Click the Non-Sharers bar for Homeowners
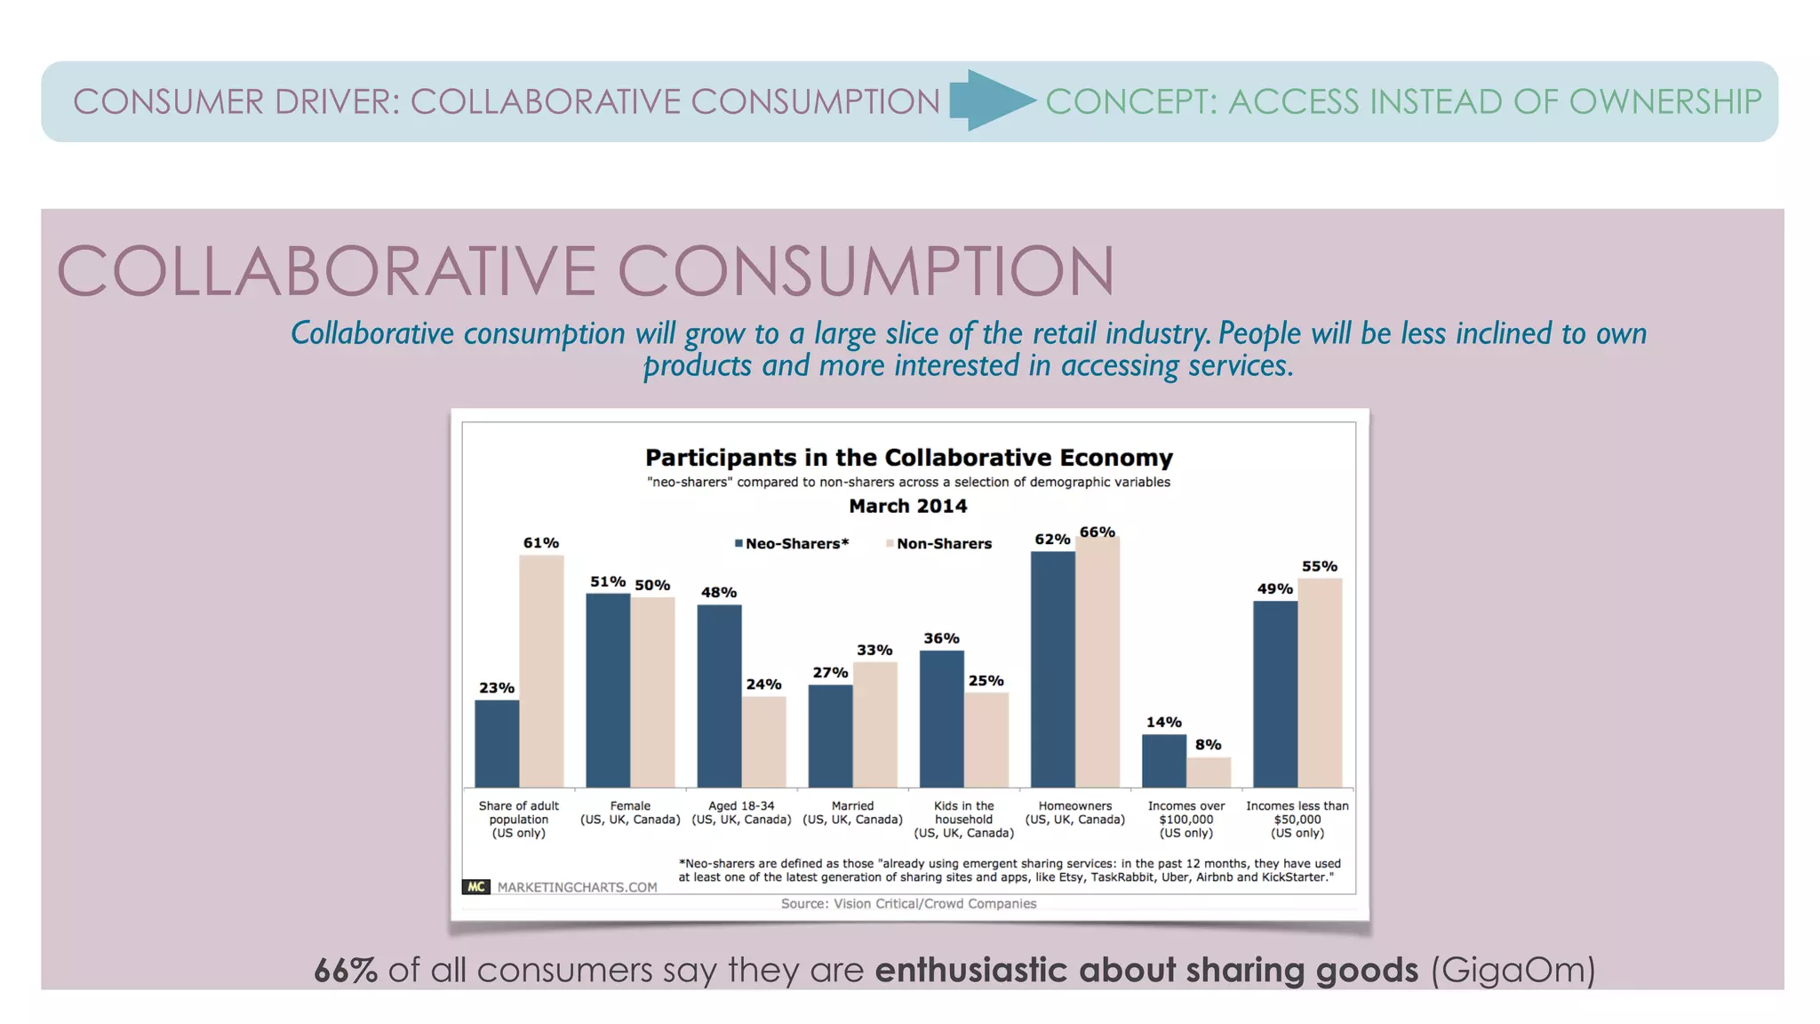point(1098,662)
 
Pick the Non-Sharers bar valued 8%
point(1209,772)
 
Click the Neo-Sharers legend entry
point(791,543)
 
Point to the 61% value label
point(540,542)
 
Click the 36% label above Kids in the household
point(941,638)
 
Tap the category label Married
point(852,805)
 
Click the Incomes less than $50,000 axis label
point(1297,819)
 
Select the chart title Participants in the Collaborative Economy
point(908,458)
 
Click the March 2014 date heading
point(907,506)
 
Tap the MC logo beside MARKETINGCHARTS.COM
point(476,886)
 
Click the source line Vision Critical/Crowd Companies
point(908,903)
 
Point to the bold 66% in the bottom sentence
point(346,970)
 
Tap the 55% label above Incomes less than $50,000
point(1319,566)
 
